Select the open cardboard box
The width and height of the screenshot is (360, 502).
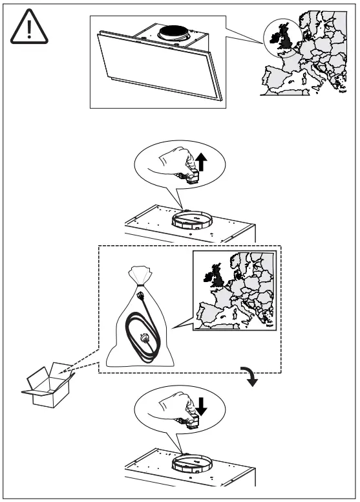coord(48,387)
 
